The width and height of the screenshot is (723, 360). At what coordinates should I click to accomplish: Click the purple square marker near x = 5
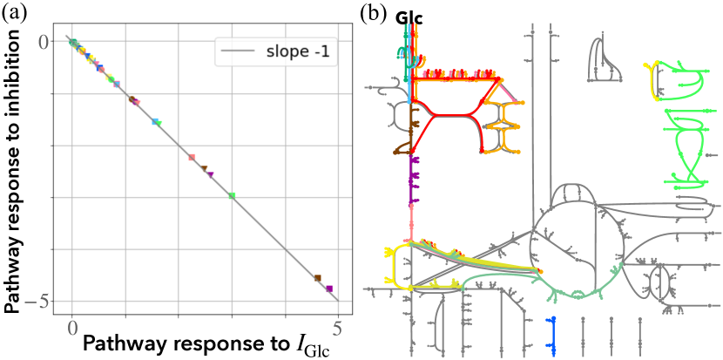pos(329,289)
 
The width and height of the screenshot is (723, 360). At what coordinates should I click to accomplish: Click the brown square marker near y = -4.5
pos(317,278)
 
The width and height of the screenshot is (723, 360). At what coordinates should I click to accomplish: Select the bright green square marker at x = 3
pos(232,195)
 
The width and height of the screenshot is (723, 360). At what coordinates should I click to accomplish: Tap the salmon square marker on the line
pos(192,158)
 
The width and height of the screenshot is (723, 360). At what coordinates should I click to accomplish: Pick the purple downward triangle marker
pos(211,174)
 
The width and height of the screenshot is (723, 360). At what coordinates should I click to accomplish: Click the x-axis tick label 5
pos(337,328)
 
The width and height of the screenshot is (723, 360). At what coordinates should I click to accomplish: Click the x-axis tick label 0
pos(72,328)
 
